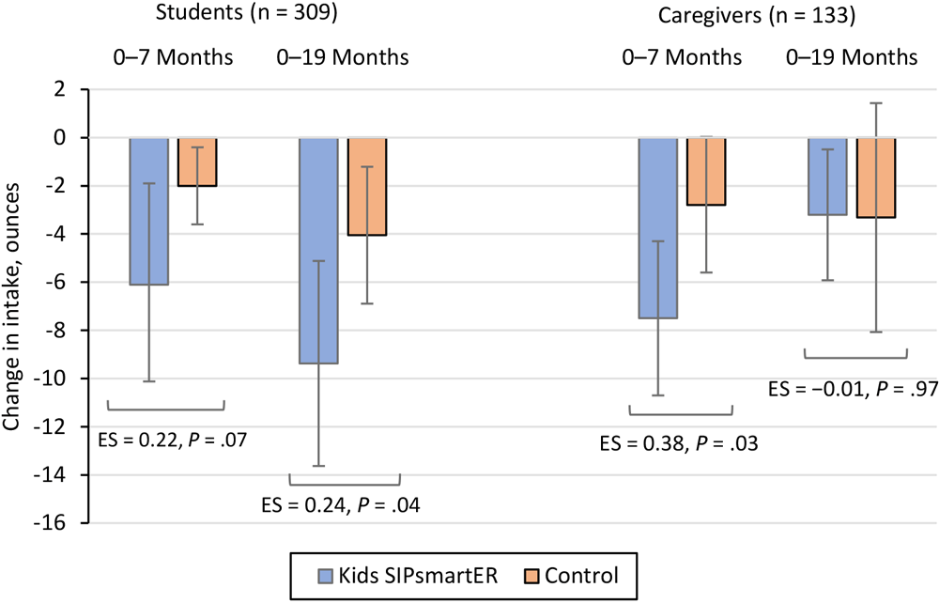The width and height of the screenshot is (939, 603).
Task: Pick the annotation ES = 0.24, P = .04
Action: click(339, 505)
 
